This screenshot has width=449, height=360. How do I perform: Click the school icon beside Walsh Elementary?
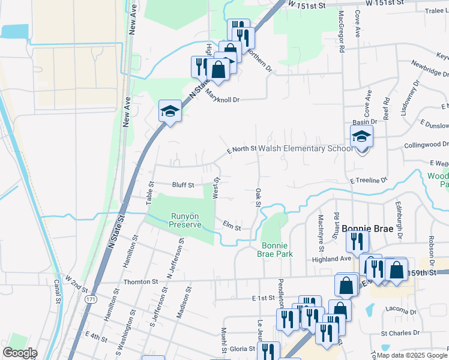(x=361, y=137)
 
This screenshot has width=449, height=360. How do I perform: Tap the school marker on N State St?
(x=170, y=111)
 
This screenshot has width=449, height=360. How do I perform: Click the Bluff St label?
(x=183, y=185)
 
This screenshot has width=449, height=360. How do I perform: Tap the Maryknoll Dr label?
(x=223, y=97)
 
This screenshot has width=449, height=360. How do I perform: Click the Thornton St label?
(x=140, y=281)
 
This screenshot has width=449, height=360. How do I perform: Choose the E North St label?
(x=241, y=149)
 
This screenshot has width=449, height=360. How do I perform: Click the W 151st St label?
(x=306, y=5)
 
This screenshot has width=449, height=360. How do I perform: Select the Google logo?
(x=20, y=353)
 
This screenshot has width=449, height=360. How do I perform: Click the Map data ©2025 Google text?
(x=411, y=355)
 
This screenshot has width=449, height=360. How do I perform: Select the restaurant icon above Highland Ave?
(x=357, y=242)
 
